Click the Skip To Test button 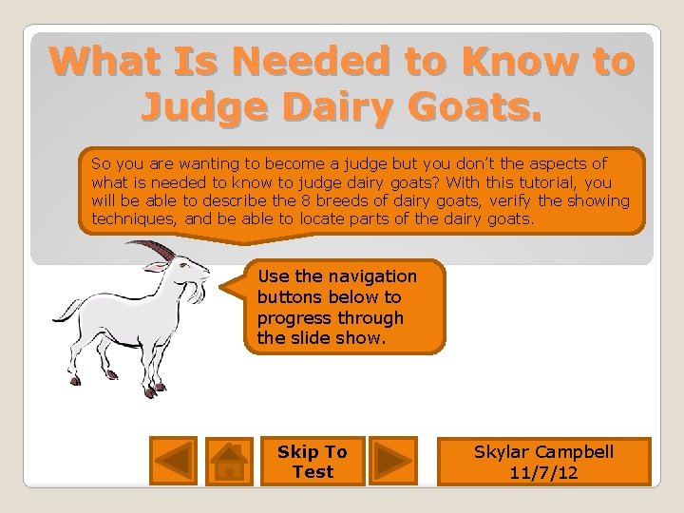313,462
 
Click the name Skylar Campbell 544,452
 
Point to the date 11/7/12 544,472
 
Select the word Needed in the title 313,62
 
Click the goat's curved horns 157,249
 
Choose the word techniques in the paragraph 132,218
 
